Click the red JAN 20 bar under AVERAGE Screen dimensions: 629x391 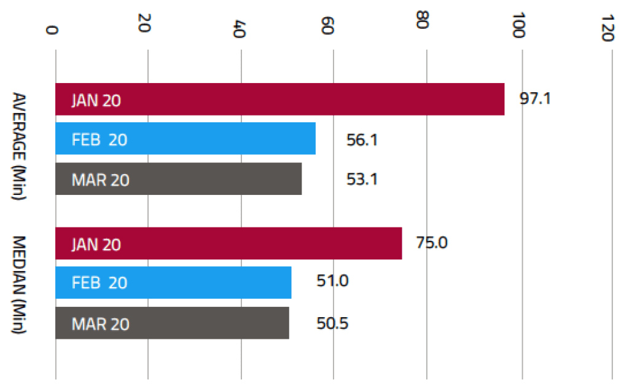tap(279, 99)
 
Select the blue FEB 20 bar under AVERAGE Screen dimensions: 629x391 tap(186, 138)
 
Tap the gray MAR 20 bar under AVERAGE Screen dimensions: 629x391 tap(179, 179)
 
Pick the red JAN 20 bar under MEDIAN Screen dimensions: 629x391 tap(229, 243)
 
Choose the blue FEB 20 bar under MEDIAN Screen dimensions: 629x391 tap(173, 283)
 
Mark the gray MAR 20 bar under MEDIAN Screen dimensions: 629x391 tap(172, 323)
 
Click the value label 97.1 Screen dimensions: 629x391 tap(535, 98)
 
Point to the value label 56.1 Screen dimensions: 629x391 tap(362, 140)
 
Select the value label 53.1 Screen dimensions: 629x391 tap(362, 179)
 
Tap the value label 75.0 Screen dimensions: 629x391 tap(432, 242)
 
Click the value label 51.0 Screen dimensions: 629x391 tap(332, 280)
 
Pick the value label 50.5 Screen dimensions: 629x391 tap(332, 323)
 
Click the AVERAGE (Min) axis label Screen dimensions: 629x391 tap(19, 146)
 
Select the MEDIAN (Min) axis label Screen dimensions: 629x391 tap(19, 285)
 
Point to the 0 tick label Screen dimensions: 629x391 tap(52, 30)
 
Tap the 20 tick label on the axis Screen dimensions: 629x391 tap(144, 23)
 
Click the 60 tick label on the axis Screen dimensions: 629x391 tap(328, 25)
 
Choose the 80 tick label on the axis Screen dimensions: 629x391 tap(423, 20)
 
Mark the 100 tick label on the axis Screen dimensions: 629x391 tap(518, 25)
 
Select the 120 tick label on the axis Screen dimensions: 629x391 tap(608, 28)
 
